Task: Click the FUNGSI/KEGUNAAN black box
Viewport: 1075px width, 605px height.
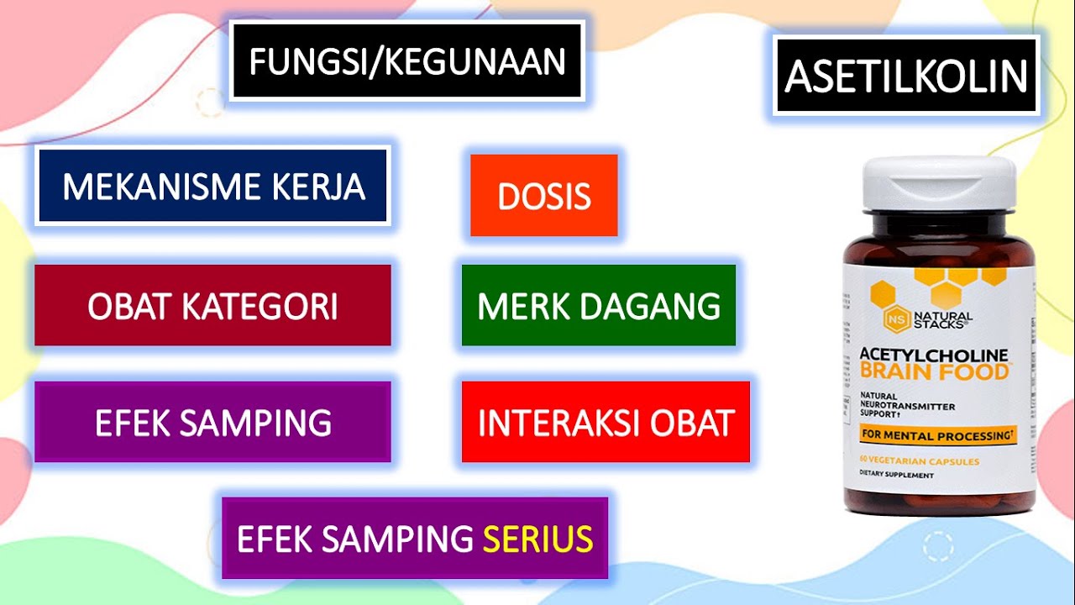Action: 406,61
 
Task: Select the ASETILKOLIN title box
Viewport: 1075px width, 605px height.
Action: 906,76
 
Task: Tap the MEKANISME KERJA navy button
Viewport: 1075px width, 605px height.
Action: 212,186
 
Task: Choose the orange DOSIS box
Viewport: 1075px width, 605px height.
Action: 544,196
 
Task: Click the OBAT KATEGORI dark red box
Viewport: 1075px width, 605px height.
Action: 212,306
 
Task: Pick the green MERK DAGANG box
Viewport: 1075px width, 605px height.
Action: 599,306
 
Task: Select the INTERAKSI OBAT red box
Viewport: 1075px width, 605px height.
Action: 606,422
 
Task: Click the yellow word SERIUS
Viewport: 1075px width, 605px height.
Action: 537,539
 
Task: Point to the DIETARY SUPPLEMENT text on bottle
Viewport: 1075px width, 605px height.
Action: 896,475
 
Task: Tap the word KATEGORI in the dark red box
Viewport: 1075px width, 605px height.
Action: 260,306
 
